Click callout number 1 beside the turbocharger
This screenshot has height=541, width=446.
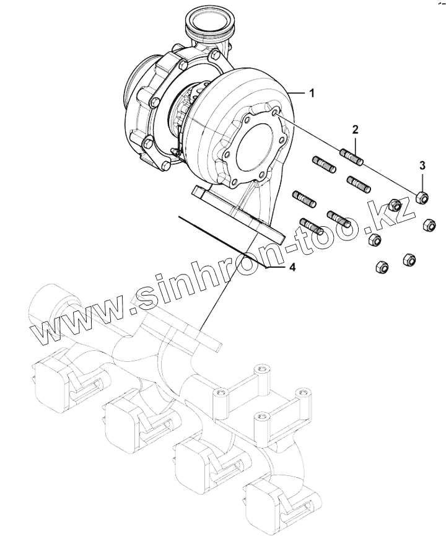[x=312, y=93]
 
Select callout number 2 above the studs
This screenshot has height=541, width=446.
[x=356, y=130]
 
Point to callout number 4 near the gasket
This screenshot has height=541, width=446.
[x=292, y=268]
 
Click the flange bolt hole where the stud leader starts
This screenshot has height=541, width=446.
[x=276, y=113]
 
